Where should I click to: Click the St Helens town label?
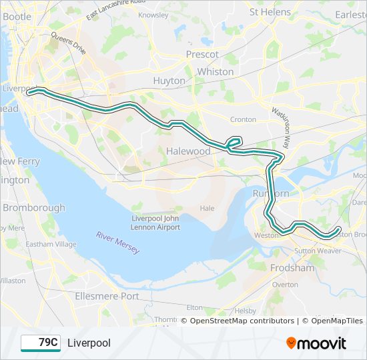[270, 12]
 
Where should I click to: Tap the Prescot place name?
[202, 54]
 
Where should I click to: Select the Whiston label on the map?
[216, 71]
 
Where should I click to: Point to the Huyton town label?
[169, 81]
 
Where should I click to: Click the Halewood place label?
[188, 151]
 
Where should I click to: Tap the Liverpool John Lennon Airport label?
[155, 223]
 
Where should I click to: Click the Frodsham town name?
[292, 268]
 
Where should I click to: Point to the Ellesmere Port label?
[107, 296]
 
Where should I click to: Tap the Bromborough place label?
[33, 207]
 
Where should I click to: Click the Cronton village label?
[243, 119]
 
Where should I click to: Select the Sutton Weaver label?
[318, 251]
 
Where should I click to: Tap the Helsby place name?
[246, 311]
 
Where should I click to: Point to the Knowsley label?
[153, 15]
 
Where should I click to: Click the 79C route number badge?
[40, 343]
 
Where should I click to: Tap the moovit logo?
[316, 343]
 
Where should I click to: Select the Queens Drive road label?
[68, 44]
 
